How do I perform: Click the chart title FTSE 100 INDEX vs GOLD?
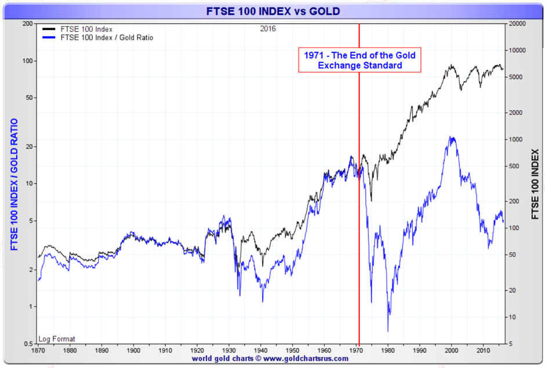(x=273, y=11)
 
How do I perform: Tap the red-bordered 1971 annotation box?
(x=359, y=60)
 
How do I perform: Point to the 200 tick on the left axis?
(x=26, y=24)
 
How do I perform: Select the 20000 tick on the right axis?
(x=518, y=24)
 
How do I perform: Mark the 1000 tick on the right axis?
(x=515, y=140)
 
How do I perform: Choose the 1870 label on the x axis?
(x=38, y=351)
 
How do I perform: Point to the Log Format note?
(x=57, y=339)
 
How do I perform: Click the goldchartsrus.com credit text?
(x=270, y=359)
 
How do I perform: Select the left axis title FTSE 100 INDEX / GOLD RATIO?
(x=13, y=184)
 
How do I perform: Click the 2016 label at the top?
(x=268, y=28)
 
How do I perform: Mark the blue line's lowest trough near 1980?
(x=388, y=331)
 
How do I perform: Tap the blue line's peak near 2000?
(x=451, y=138)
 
